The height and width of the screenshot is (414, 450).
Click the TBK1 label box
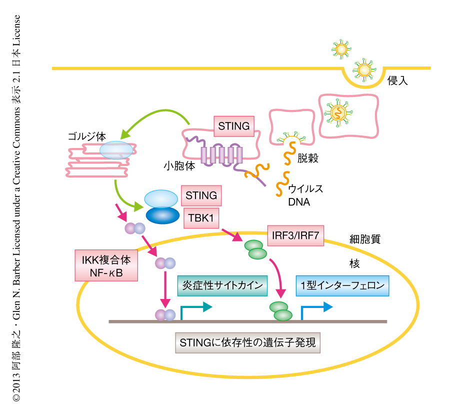pyautogui.click(x=201, y=218)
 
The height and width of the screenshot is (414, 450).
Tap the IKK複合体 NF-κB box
pyautogui.click(x=105, y=265)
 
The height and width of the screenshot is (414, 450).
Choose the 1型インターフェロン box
pyautogui.click(x=342, y=286)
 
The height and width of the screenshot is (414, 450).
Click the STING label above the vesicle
pyautogui.click(x=233, y=126)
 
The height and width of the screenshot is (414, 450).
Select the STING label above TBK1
pyautogui.click(x=201, y=195)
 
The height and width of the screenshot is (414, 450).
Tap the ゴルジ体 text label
pyautogui.click(x=87, y=136)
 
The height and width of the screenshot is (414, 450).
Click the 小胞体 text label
pyautogui.click(x=179, y=165)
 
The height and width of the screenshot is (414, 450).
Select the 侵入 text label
pyautogui.click(x=398, y=80)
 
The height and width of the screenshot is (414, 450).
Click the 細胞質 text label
pyautogui.click(x=365, y=239)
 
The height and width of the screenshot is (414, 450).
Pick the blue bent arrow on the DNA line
pyautogui.click(x=315, y=310)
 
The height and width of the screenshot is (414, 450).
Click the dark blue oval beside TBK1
pyautogui.click(x=162, y=215)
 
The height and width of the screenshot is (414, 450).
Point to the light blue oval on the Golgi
pyautogui.click(x=116, y=149)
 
